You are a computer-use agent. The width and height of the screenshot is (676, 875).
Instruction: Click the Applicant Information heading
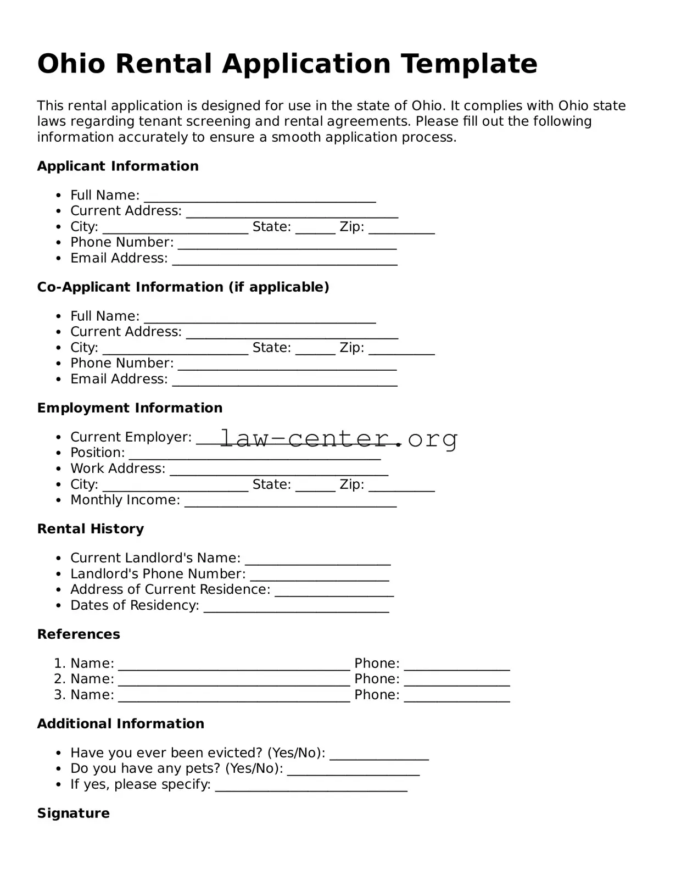tap(118, 166)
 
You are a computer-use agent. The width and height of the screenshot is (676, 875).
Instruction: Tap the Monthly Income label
tap(125, 500)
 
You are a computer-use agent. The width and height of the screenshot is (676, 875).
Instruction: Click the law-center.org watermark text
tap(338, 438)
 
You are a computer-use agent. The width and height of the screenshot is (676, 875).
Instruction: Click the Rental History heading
tap(90, 528)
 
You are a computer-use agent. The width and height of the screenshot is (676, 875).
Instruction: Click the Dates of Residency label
tap(135, 605)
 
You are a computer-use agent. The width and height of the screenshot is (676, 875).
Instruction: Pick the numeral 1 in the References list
tap(58, 664)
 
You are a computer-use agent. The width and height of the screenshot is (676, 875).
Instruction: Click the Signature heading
tap(73, 813)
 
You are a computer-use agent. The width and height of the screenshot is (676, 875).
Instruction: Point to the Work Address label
tap(118, 469)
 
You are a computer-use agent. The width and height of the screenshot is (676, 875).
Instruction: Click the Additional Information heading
tap(120, 723)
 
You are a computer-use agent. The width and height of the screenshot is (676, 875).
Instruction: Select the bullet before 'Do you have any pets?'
tap(59, 769)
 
